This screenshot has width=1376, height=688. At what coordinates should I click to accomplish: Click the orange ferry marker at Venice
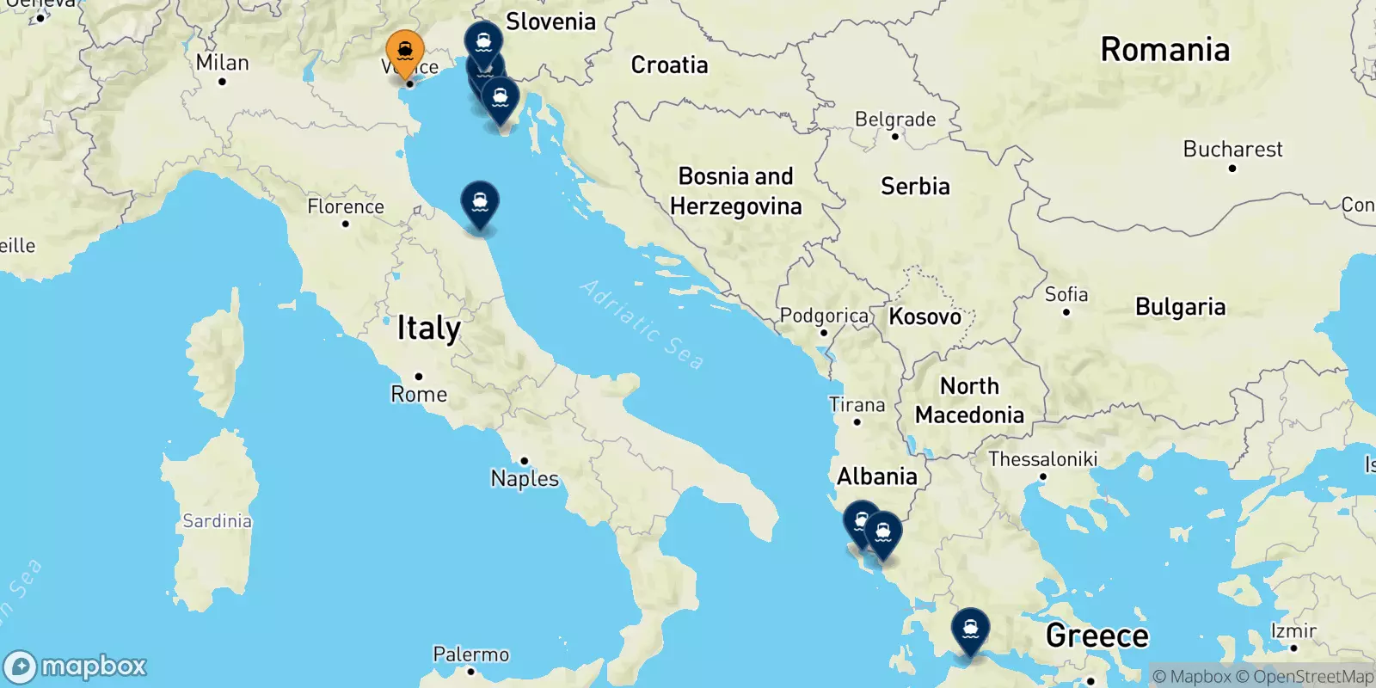click(404, 52)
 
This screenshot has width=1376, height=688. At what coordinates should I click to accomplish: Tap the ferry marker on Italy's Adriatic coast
click(480, 203)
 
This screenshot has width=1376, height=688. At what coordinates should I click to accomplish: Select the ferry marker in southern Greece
click(970, 630)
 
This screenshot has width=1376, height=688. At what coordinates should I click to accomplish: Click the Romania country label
click(1164, 50)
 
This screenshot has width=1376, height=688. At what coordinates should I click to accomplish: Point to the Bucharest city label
click(1232, 150)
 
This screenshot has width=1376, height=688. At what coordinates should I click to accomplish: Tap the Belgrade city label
click(894, 120)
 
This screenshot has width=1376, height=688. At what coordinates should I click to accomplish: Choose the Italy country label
click(428, 329)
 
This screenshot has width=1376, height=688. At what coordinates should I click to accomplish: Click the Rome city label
click(419, 394)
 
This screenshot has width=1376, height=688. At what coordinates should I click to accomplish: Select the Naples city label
click(525, 478)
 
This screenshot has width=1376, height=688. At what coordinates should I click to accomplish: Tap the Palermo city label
click(470, 654)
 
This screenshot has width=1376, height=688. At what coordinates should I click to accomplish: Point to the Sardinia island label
click(217, 521)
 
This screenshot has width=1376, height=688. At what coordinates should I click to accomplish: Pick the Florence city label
click(346, 206)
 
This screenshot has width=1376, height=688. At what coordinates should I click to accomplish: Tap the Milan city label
click(222, 63)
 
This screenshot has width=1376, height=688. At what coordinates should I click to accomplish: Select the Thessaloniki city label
click(1042, 459)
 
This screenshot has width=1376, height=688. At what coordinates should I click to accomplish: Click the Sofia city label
click(1066, 294)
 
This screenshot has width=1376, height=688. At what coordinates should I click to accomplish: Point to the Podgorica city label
click(823, 316)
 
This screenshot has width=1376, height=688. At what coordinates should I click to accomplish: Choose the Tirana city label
click(857, 405)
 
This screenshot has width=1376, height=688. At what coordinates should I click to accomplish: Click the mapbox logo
click(76, 666)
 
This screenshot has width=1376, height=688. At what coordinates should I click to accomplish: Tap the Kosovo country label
click(924, 316)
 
